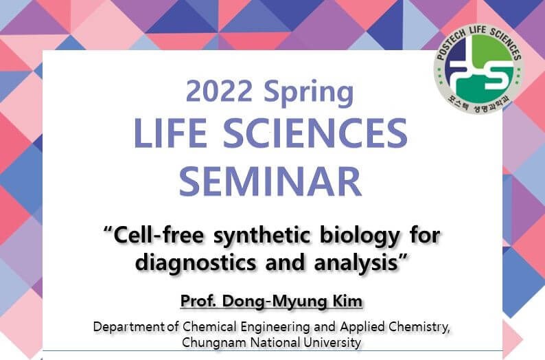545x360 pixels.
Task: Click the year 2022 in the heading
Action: (219, 91)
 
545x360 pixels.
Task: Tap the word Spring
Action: (309, 93)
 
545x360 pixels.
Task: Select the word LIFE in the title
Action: (170, 133)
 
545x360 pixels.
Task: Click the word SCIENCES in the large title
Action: (315, 133)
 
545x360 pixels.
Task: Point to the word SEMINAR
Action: (270, 181)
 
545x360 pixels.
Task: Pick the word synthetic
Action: (262, 237)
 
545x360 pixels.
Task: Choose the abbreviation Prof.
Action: (198, 301)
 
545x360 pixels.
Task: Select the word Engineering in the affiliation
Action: (275, 328)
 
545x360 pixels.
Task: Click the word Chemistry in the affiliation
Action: (419, 328)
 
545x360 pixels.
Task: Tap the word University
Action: (332, 344)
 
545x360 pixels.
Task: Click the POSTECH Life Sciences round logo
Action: (478, 68)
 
